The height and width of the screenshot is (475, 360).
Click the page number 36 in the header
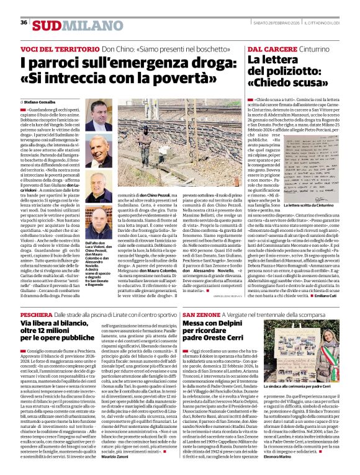[24, 23]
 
